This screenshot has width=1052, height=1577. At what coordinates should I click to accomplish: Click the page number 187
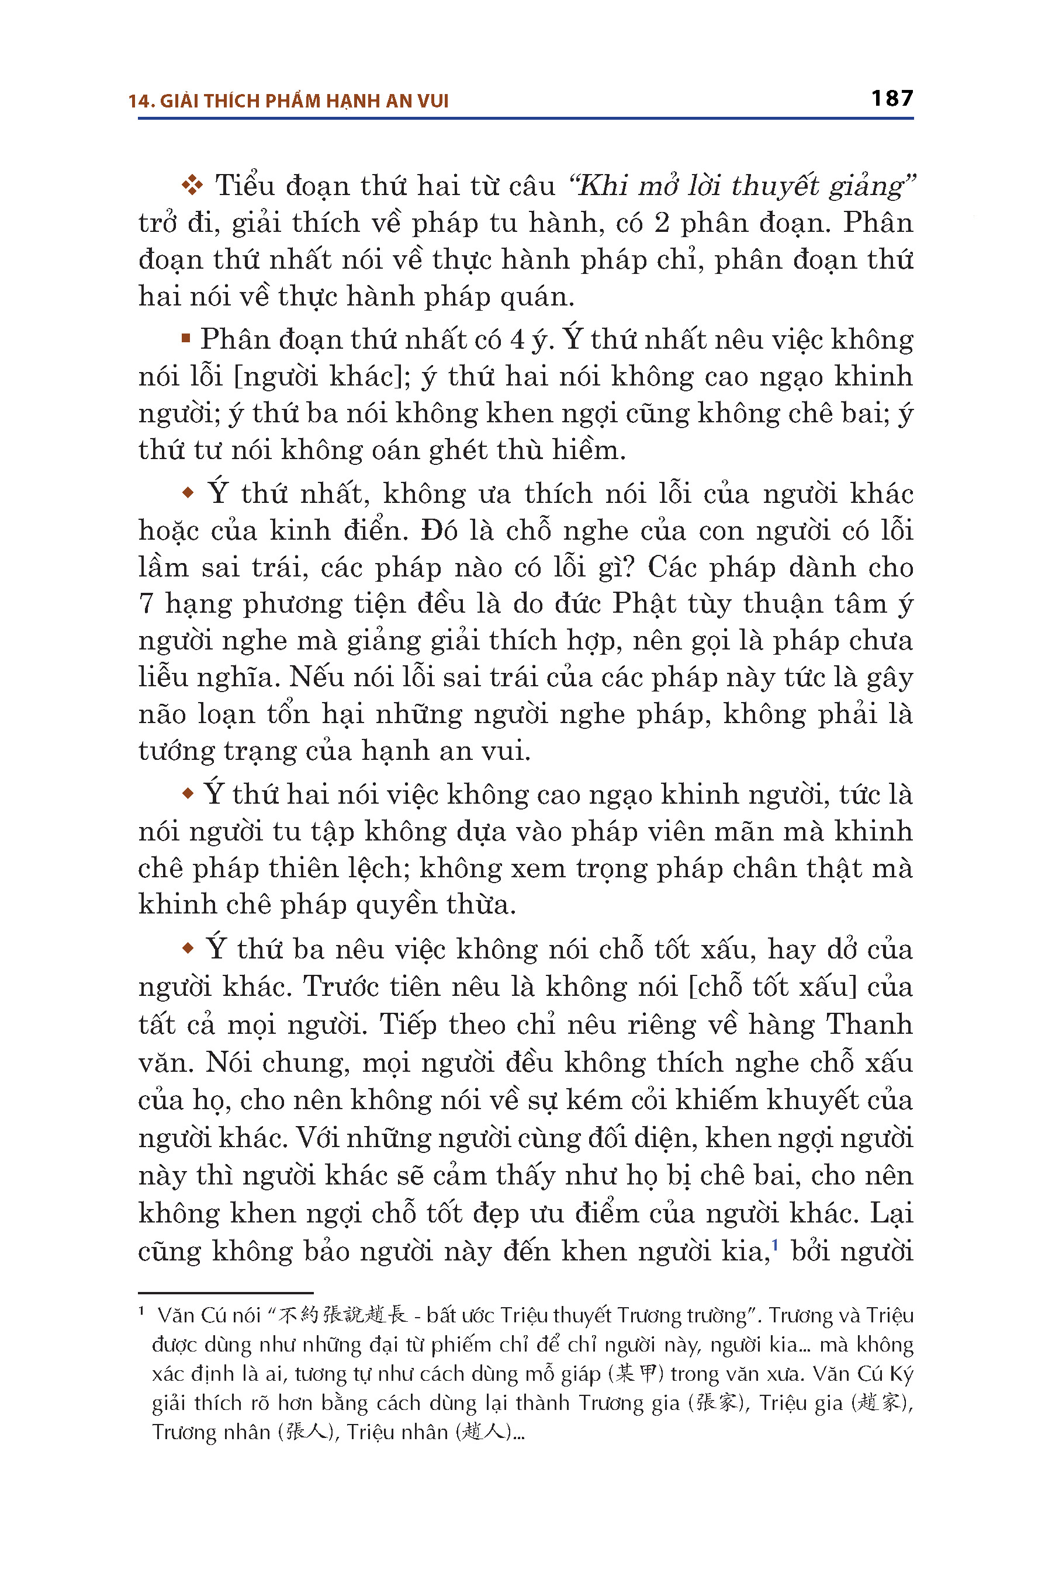click(x=892, y=99)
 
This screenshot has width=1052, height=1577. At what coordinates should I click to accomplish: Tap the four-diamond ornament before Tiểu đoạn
click(x=192, y=185)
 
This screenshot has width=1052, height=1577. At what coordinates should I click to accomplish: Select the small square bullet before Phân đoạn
click(x=186, y=339)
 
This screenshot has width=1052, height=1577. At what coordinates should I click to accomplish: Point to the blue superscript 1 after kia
click(x=776, y=1245)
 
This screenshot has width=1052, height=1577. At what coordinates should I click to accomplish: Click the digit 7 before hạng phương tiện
click(x=146, y=603)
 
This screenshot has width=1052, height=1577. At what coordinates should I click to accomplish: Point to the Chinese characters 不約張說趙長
click(x=343, y=1315)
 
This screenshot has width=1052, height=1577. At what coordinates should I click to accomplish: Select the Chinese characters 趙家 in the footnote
click(x=880, y=1403)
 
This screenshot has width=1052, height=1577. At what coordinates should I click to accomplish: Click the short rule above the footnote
click(x=226, y=1292)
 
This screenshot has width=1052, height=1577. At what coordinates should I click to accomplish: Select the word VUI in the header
click(x=432, y=101)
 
